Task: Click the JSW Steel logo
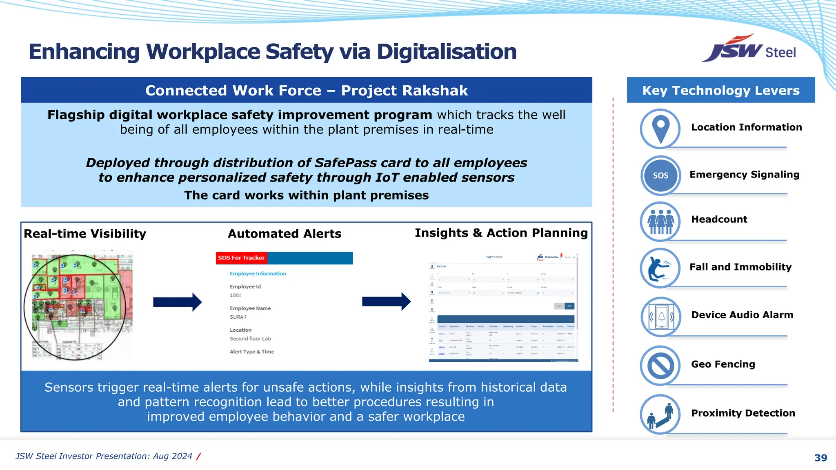pyautogui.click(x=749, y=49)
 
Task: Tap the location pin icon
pyautogui.click(x=660, y=129)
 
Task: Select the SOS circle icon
pyautogui.click(x=660, y=175)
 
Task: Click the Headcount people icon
pyautogui.click(x=660, y=222)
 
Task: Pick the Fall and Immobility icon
pyautogui.click(x=660, y=268)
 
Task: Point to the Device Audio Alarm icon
pyautogui.click(x=660, y=317)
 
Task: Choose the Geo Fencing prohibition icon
pyautogui.click(x=660, y=366)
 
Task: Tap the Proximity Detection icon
pyautogui.click(x=660, y=414)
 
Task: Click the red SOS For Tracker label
pyautogui.click(x=241, y=258)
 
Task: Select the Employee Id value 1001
pyautogui.click(x=236, y=295)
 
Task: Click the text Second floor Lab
pyautogui.click(x=250, y=339)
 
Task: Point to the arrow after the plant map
pyautogui.click(x=177, y=302)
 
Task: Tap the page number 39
pyautogui.click(x=820, y=458)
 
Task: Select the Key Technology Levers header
pyautogui.click(x=721, y=90)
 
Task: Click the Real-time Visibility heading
pyautogui.click(x=85, y=234)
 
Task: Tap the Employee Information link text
pyautogui.click(x=258, y=274)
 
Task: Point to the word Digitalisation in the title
pyautogui.click(x=447, y=52)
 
